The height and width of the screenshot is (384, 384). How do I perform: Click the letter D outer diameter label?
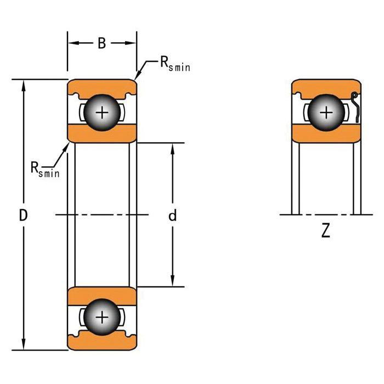[x=23, y=216]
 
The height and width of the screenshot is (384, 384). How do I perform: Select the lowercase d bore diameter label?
[x=172, y=216]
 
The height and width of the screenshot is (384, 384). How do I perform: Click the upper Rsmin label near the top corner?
[x=174, y=65]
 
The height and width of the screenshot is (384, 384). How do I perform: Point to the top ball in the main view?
[x=102, y=112]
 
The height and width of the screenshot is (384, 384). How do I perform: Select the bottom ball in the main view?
[x=102, y=317]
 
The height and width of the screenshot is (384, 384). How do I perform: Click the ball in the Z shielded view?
[x=326, y=112]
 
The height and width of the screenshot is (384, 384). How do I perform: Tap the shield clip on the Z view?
[x=356, y=108]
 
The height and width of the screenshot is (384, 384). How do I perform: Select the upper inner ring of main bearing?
[x=102, y=133]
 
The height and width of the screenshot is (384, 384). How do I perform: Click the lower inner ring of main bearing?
[x=102, y=295]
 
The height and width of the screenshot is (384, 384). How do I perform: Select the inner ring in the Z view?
[x=326, y=133]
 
